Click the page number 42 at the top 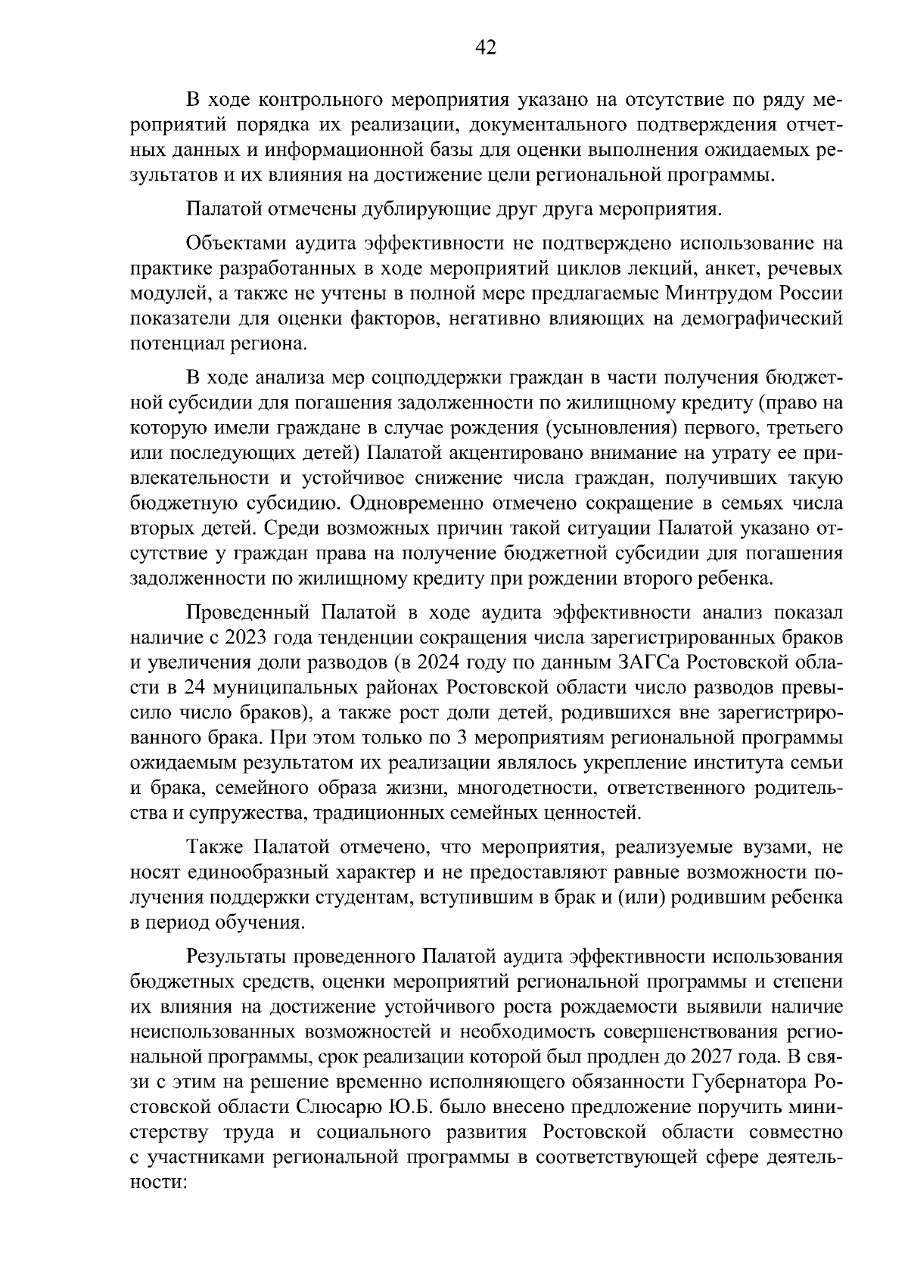[x=485, y=48]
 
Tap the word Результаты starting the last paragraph [x=237, y=957]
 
